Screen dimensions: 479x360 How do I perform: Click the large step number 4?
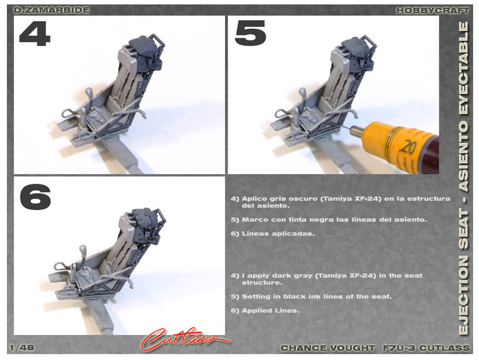click(x=34, y=33)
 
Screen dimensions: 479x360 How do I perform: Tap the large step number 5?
click(x=250, y=33)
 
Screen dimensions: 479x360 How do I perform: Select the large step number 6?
click(x=35, y=197)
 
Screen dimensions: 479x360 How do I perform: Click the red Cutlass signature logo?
click(x=184, y=339)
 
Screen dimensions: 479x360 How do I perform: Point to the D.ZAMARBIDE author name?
click(x=52, y=10)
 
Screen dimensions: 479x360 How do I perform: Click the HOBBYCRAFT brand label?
click(x=433, y=10)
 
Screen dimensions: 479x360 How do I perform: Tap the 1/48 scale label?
click(x=22, y=348)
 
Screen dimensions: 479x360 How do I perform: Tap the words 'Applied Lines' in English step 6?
click(x=270, y=311)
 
